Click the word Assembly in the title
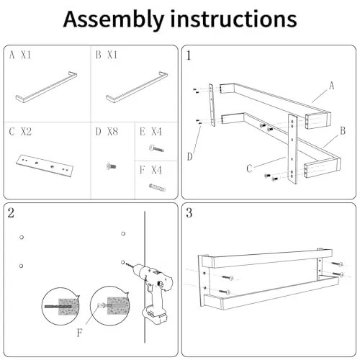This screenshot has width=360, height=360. pyautogui.click(x=114, y=19)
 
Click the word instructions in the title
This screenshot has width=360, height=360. pyautogui.click(x=233, y=19)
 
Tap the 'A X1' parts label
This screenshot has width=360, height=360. pyautogui.click(x=20, y=55)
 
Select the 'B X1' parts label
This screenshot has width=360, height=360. pyautogui.click(x=107, y=55)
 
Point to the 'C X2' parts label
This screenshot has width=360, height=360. pyautogui.click(x=20, y=132)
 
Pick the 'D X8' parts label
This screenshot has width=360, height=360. pyautogui.click(x=107, y=132)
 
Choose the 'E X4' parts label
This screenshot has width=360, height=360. pyautogui.click(x=150, y=132)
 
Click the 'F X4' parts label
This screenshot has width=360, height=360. pyautogui.click(x=150, y=170)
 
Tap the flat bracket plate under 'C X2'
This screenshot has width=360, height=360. pyautogui.click(x=45, y=166)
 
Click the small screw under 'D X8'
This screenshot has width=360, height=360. pyautogui.click(x=111, y=166)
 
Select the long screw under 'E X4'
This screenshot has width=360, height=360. pyautogui.click(x=156, y=148)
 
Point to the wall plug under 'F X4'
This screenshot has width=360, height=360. pyautogui.click(x=157, y=187)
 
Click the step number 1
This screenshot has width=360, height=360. pyautogui.click(x=189, y=55)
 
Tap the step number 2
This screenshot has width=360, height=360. pyautogui.click(x=11, y=213)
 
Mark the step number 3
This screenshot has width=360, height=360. pyautogui.click(x=189, y=213)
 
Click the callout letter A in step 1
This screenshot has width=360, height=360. pyautogui.click(x=331, y=86)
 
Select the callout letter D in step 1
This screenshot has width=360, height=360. pyautogui.click(x=189, y=157)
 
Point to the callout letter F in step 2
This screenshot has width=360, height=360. pyautogui.click(x=80, y=333)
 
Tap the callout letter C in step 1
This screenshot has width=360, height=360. pyautogui.click(x=249, y=168)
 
